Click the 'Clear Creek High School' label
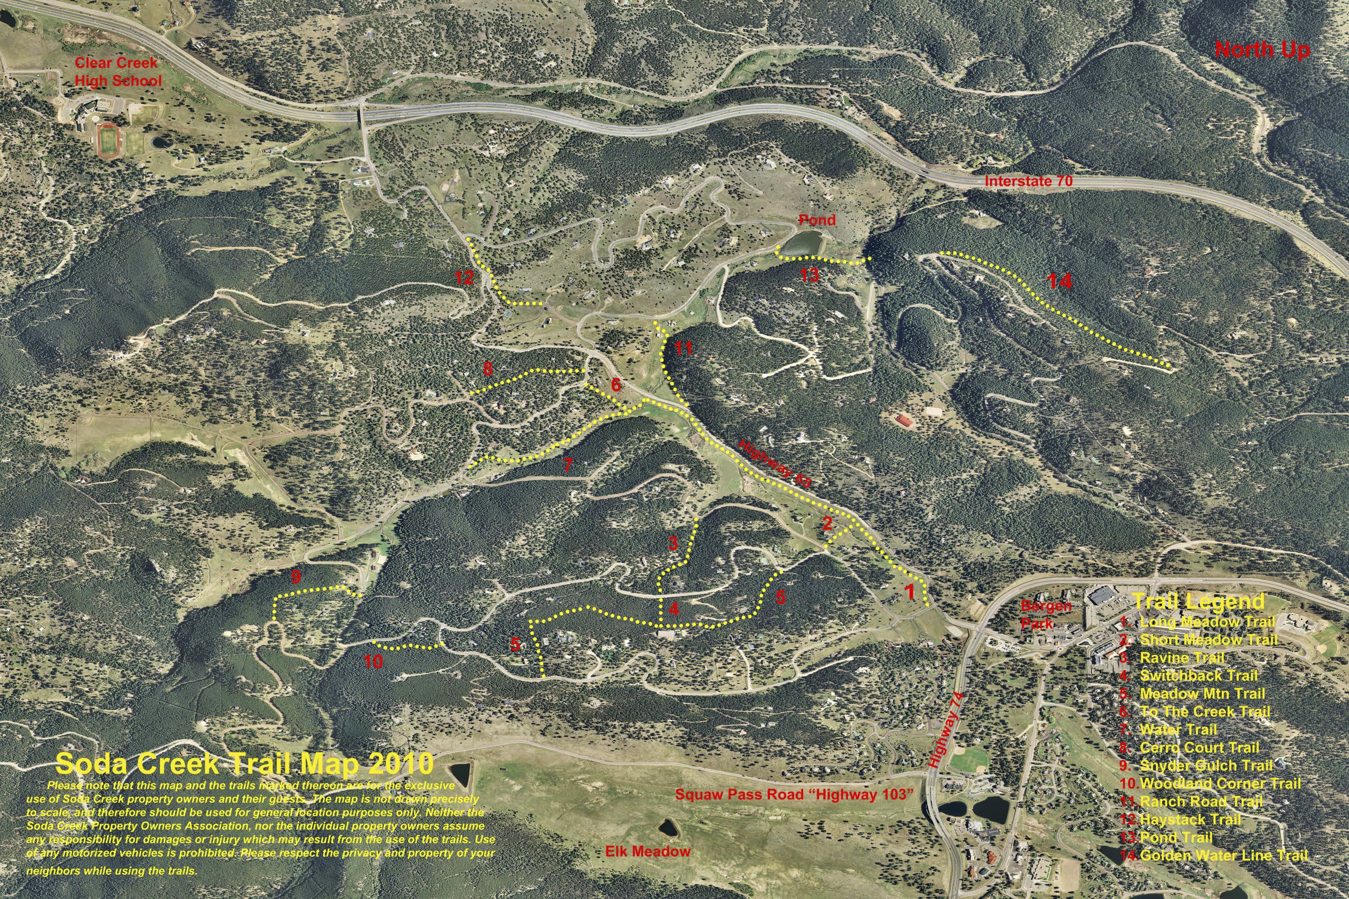118,72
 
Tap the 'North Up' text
1262,50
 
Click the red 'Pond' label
817,220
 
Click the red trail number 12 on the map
464,278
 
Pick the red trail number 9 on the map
296,576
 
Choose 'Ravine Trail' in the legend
1181,658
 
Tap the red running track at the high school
107,141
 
